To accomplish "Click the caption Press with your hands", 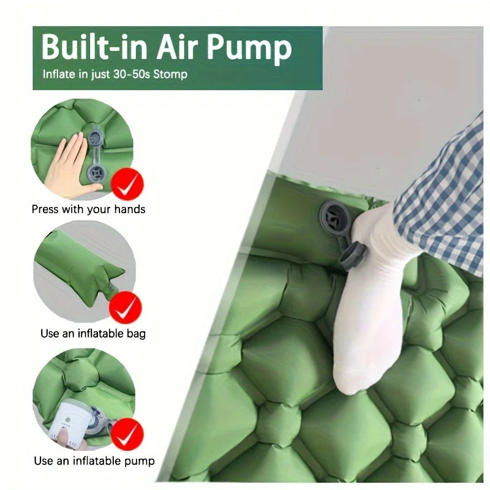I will [88, 209].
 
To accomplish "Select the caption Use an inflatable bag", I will [92, 334].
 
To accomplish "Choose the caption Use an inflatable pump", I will [94, 461].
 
